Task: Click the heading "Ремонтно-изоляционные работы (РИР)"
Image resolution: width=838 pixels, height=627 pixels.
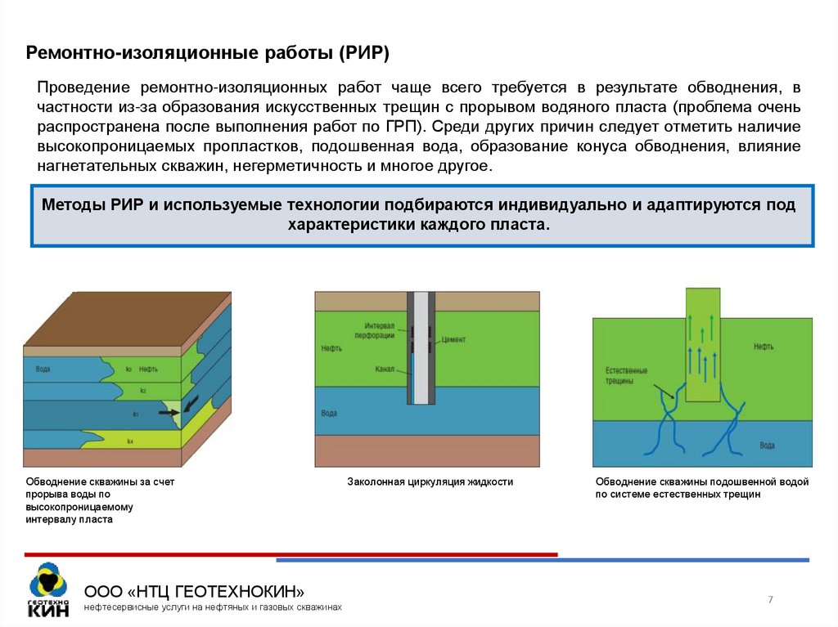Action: pyautogui.click(x=208, y=54)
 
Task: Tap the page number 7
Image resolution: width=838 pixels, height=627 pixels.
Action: pyautogui.click(x=770, y=600)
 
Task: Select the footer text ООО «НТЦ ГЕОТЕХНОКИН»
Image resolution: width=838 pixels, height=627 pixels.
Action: pyautogui.click(x=196, y=591)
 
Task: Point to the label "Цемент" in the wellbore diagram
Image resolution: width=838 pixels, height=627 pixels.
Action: pyautogui.click(x=453, y=338)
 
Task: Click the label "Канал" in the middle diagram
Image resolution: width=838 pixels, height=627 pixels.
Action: pyautogui.click(x=384, y=369)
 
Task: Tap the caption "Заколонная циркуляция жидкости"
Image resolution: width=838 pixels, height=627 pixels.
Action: pyautogui.click(x=430, y=482)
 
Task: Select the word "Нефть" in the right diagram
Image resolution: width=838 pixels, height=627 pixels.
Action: pyautogui.click(x=764, y=347)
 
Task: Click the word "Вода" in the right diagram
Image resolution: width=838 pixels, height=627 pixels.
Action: pyautogui.click(x=767, y=446)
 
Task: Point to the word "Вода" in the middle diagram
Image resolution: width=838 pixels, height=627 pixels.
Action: pyautogui.click(x=329, y=414)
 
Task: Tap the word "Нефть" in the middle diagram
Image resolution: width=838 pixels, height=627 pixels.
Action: pyautogui.click(x=331, y=348)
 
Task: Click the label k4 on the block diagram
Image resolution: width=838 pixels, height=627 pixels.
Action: pyautogui.click(x=130, y=441)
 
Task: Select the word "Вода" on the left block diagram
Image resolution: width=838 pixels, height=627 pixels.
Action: pyautogui.click(x=43, y=369)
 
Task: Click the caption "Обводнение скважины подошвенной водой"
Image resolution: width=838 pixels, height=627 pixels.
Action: pyautogui.click(x=702, y=482)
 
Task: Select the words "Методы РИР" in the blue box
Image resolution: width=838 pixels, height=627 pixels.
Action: pyautogui.click(x=92, y=204)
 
